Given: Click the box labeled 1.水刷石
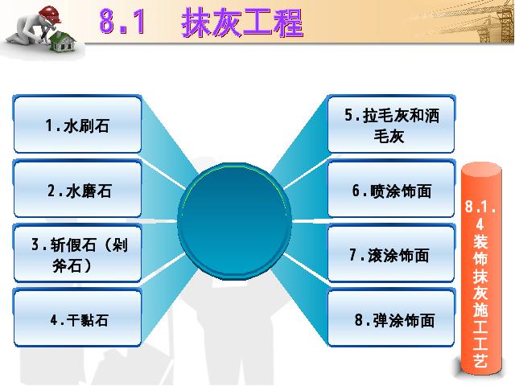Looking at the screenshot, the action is [77, 124].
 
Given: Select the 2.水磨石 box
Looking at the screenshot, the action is [77, 189].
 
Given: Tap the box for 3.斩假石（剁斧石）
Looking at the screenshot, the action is [77, 253].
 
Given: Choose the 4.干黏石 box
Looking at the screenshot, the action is [77, 318].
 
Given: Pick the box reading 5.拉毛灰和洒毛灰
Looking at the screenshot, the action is [392, 124].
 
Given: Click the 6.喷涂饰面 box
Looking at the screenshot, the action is [392, 189].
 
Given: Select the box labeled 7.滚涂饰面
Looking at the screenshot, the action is [392, 253].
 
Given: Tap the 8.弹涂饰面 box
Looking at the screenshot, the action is [392, 318].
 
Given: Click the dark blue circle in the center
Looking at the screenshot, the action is [234, 221].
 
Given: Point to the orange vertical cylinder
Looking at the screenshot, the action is [481, 269].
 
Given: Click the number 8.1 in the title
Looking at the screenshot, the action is [122, 22].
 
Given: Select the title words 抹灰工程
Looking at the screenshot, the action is [242, 23].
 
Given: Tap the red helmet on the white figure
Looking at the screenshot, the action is [50, 14].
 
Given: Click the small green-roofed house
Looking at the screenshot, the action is [63, 42].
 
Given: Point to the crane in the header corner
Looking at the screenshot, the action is [492, 23].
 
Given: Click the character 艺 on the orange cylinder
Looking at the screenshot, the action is [480, 359].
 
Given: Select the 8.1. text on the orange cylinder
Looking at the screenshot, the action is [480, 207].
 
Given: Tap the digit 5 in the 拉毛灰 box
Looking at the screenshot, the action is [348, 115].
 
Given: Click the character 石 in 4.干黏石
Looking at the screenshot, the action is [101, 320].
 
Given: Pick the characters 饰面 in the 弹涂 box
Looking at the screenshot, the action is [419, 320].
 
